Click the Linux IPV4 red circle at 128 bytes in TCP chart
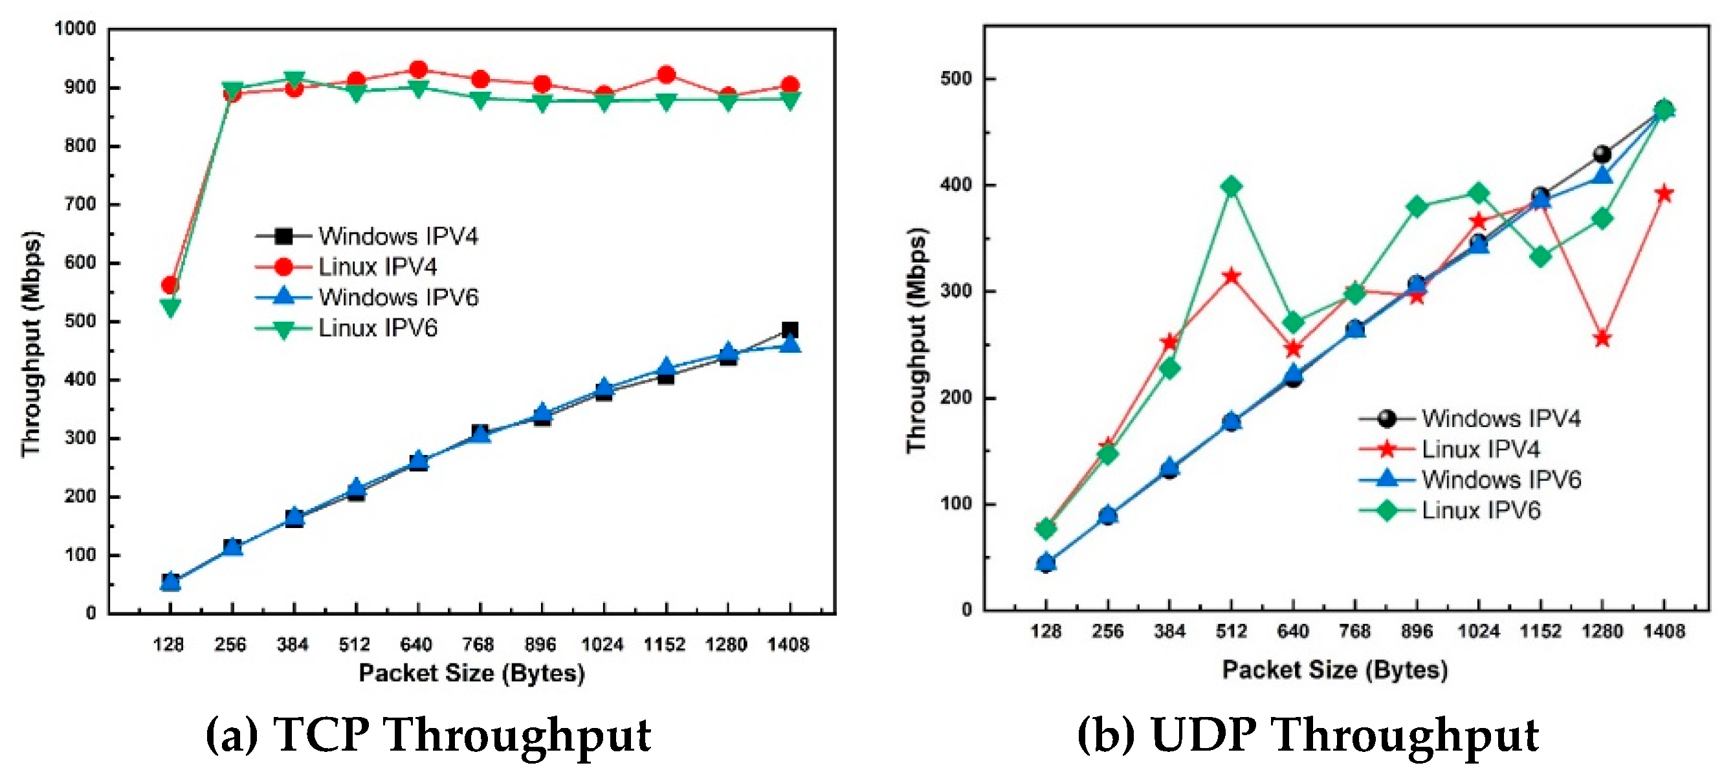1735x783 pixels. click(170, 285)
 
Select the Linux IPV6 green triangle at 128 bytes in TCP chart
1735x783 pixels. click(170, 307)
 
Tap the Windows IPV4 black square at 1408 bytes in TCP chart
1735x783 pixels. click(790, 330)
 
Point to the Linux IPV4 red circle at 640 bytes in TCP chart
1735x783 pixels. click(418, 69)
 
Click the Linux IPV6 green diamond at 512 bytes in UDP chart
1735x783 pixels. click(1232, 186)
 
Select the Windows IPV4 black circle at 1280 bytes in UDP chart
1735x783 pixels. click(1602, 154)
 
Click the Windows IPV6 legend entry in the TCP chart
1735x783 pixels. click(397, 297)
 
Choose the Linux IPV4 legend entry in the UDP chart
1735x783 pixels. click(1481, 448)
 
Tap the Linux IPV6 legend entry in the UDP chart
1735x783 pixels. click(1481, 511)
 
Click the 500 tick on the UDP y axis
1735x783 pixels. click(956, 79)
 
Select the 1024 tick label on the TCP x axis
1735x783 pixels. click(602, 645)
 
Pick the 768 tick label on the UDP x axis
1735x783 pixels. click(1354, 632)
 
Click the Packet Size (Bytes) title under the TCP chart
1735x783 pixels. click(472, 672)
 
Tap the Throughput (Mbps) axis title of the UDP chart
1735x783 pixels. click(918, 340)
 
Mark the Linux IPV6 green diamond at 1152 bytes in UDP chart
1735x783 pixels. click(1540, 256)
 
